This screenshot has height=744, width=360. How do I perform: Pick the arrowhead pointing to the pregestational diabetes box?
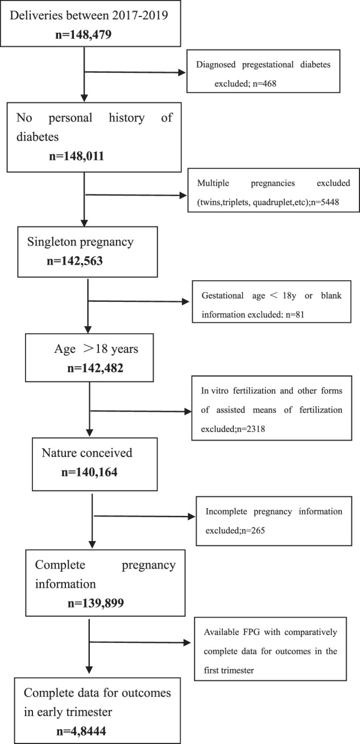(183, 73)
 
